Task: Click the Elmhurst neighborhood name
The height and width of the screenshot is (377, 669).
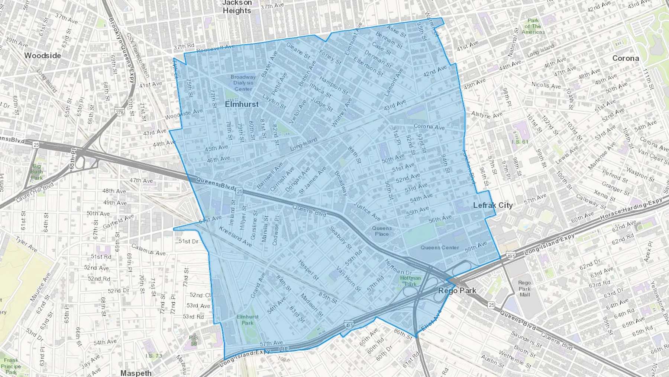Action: tap(242, 104)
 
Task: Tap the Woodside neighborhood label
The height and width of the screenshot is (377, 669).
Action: tap(42, 55)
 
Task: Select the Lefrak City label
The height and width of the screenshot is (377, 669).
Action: tap(493, 205)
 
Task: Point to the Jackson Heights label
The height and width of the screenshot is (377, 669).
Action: tap(237, 7)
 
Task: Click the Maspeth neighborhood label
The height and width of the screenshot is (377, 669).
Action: tap(136, 373)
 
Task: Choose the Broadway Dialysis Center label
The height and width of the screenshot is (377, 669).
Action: tap(243, 83)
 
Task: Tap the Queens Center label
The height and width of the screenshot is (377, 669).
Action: tap(440, 247)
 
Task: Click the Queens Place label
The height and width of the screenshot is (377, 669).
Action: tap(382, 231)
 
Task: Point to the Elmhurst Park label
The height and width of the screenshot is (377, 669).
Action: tap(248, 320)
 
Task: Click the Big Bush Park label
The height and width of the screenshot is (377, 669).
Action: tap(37, 172)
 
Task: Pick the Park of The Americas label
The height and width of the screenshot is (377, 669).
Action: tap(533, 26)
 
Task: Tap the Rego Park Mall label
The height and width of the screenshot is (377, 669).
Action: tap(524, 288)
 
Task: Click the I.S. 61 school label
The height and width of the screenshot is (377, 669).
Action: tap(520, 142)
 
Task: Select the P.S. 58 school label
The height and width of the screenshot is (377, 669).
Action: tap(193, 341)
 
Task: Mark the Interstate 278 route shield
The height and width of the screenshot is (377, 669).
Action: tap(119, 112)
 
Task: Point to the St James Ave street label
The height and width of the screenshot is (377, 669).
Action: tap(312, 180)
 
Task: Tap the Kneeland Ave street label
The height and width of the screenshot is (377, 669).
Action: tap(235, 236)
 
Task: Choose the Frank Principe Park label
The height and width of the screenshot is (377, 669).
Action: tap(11, 366)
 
